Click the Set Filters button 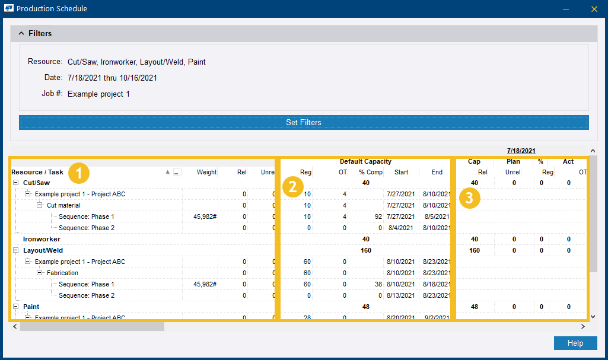point(304,122)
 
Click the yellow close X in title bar point(594,9)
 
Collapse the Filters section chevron point(21,34)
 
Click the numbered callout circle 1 point(79,173)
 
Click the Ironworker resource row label point(42,239)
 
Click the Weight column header point(206,172)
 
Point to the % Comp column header point(371,172)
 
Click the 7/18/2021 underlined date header point(521,151)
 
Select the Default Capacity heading point(365,161)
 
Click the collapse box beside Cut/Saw point(16,183)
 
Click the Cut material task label point(63,205)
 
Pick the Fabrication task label point(62,273)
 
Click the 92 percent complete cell point(378,216)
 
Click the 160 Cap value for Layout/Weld point(474,250)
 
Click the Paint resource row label point(31,307)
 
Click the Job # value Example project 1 point(98,94)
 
